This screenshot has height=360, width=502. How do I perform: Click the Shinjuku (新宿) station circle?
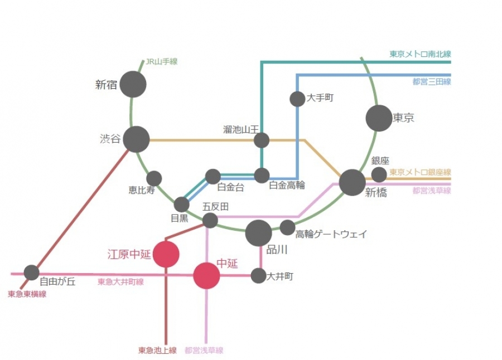[133, 84]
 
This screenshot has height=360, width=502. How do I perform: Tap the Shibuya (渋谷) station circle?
[136, 139]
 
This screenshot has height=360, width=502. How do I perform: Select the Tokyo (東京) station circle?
[379, 118]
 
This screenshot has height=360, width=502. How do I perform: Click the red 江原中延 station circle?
[166, 254]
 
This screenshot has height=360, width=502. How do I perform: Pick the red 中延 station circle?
[207, 275]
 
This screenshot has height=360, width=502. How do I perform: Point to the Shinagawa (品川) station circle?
[258, 232]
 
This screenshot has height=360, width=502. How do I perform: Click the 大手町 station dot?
[297, 99]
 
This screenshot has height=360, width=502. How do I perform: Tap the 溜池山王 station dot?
[262, 140]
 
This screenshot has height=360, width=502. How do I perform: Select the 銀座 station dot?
[379, 174]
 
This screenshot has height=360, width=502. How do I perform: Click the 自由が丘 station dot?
[32, 273]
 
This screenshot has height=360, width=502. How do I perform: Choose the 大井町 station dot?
[258, 275]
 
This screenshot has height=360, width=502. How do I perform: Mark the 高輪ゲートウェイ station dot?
[287, 227]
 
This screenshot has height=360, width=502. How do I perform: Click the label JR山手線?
[161, 62]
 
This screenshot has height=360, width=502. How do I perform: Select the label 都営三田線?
[431, 82]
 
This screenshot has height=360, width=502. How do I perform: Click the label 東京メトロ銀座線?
[420, 172]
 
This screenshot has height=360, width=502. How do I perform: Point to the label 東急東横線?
[27, 294]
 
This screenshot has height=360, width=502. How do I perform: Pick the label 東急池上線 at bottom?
[157, 351]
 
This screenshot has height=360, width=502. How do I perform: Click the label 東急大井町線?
[120, 282]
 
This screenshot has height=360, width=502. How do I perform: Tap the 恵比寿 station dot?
[154, 178]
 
